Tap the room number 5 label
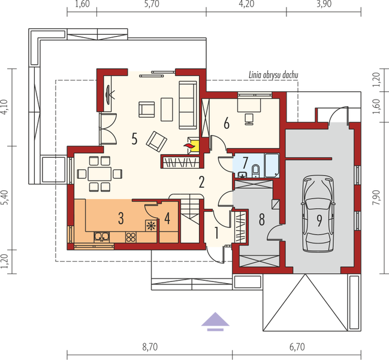134,139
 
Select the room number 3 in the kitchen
120,217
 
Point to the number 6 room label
226,124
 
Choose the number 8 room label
261,219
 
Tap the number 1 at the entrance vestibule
216,232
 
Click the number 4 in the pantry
167,218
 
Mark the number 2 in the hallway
202,182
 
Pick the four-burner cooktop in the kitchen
131,238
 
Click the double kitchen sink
100,237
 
